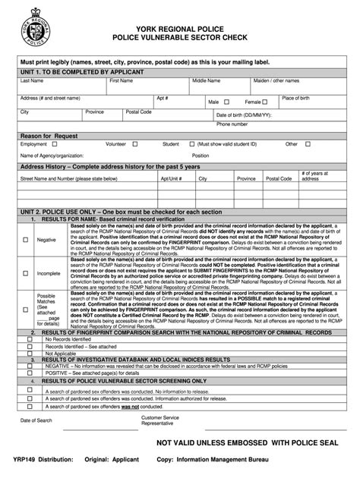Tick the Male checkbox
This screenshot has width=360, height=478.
point(226,102)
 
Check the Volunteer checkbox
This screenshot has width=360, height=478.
point(134,143)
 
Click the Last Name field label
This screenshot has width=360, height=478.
point(31,80)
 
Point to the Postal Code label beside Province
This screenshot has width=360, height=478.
point(138,112)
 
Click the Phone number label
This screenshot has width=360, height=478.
point(232,124)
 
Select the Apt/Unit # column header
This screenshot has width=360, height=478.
point(171,179)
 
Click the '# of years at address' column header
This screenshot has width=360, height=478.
point(314,177)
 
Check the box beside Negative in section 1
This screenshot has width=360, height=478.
point(26,239)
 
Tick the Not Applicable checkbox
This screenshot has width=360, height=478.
point(30,353)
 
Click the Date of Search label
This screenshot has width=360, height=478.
point(36,420)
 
